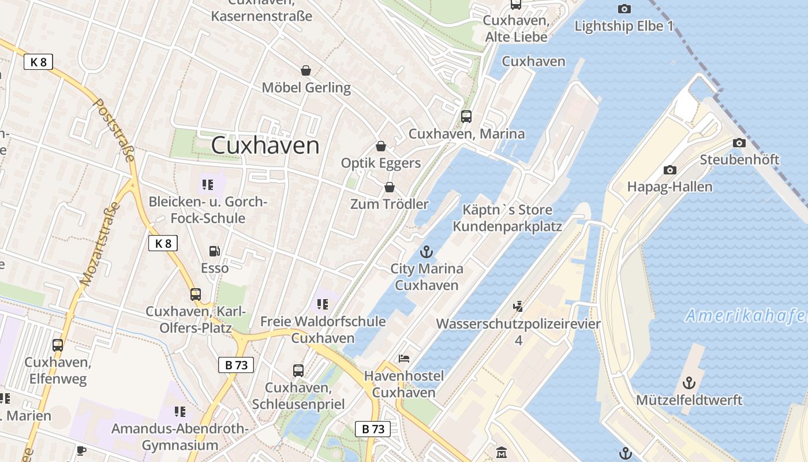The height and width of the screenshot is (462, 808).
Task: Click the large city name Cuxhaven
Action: click(x=265, y=145)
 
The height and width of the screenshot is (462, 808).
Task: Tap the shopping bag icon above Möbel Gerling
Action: click(x=306, y=70)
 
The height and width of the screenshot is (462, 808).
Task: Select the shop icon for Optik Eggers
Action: click(x=380, y=146)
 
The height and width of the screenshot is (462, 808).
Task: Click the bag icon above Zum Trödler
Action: click(x=390, y=187)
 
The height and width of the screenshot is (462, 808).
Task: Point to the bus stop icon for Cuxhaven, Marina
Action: click(x=466, y=117)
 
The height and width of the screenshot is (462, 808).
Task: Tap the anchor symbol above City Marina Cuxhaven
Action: click(x=427, y=252)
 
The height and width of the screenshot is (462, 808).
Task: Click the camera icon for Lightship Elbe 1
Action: click(x=624, y=9)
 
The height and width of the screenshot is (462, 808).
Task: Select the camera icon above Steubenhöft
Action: click(x=739, y=143)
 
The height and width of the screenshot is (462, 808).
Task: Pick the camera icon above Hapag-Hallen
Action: click(x=669, y=170)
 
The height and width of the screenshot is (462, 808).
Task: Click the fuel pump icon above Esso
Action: click(x=214, y=251)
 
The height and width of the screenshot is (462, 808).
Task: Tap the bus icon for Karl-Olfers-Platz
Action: click(x=196, y=295)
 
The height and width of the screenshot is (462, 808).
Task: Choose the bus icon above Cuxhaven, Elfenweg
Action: click(x=58, y=345)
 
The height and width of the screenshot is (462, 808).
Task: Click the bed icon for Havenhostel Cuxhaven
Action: click(x=404, y=359)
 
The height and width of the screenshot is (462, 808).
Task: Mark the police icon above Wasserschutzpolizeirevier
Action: click(x=518, y=307)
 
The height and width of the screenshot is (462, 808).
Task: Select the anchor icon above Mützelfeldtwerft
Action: click(x=689, y=383)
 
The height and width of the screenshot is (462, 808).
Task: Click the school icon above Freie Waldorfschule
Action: click(x=322, y=304)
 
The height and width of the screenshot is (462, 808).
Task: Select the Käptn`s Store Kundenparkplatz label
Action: click(x=507, y=218)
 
